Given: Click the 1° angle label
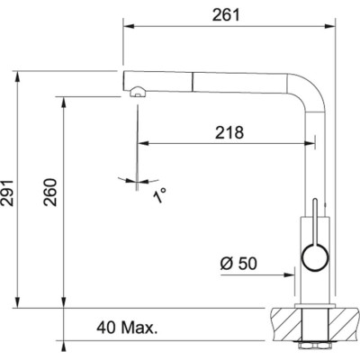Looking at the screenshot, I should point(160,194).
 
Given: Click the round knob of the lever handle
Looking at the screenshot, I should point(316,261).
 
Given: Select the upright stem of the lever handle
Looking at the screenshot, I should point(316,220).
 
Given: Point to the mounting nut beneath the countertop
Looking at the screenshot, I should point(316,346).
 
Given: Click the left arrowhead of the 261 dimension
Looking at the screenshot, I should point(127,28).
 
